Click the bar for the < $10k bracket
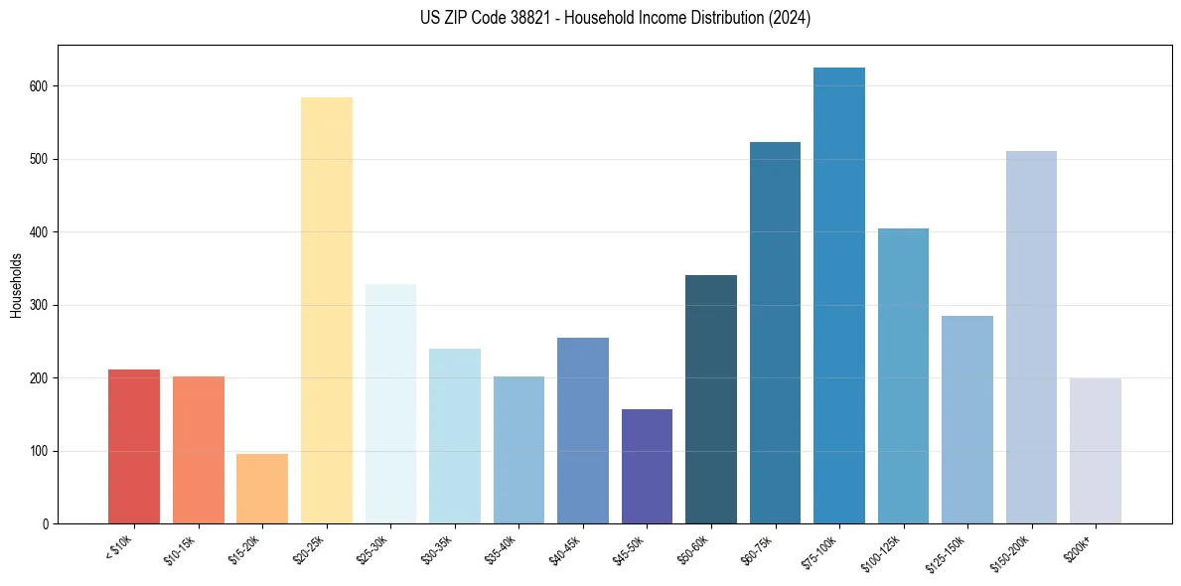click(x=134, y=447)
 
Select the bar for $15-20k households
click(x=262, y=489)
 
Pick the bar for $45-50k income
click(x=647, y=467)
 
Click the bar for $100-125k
click(x=903, y=376)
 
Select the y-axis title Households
click(x=16, y=285)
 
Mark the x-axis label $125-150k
click(x=950, y=552)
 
